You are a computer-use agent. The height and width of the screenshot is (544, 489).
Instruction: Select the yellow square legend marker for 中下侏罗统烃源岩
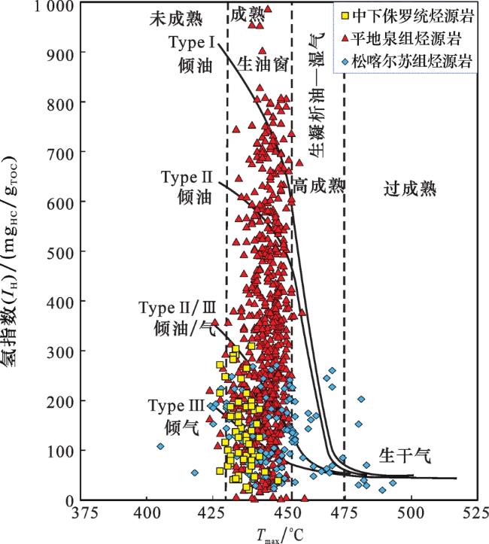343,15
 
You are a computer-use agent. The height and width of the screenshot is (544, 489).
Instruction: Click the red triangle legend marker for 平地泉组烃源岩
343,36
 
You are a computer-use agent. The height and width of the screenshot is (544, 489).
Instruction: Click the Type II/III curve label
178,318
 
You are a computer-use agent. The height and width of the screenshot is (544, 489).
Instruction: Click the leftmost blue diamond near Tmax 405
160,446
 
